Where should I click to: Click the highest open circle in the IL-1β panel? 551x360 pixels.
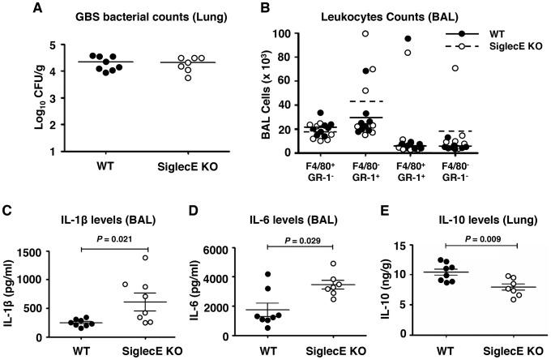pos(168,258)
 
